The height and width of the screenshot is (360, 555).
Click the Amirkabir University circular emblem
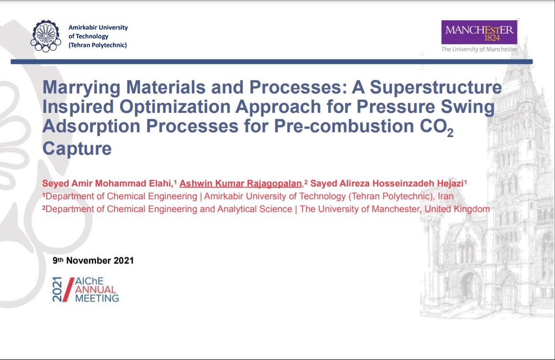(46, 36)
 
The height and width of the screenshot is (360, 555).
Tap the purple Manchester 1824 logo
(479, 32)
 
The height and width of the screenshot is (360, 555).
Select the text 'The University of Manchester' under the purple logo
(479, 49)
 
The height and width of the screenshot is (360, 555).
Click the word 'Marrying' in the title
(81, 88)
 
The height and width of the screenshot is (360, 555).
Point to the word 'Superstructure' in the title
(436, 88)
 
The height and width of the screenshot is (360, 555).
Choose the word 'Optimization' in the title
(175, 107)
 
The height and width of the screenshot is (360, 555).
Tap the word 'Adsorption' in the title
(92, 126)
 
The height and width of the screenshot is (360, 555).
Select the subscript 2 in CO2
(450, 133)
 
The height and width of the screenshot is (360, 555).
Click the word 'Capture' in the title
(77, 148)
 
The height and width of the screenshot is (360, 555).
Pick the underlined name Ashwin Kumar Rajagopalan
(240, 183)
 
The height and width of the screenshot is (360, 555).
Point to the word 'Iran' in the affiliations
(445, 196)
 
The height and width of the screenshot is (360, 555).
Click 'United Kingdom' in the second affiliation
(457, 209)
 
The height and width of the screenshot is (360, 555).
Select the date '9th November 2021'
(93, 260)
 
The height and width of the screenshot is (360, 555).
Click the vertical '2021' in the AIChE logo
(57, 289)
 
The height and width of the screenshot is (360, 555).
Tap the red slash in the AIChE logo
(68, 289)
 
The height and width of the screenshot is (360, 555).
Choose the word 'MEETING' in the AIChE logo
(97, 298)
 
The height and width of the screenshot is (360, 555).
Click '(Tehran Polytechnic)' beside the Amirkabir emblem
(98, 45)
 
